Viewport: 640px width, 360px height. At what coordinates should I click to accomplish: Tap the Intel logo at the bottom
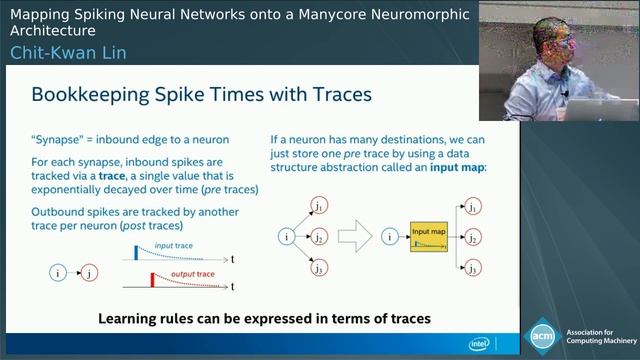(x=481, y=343)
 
